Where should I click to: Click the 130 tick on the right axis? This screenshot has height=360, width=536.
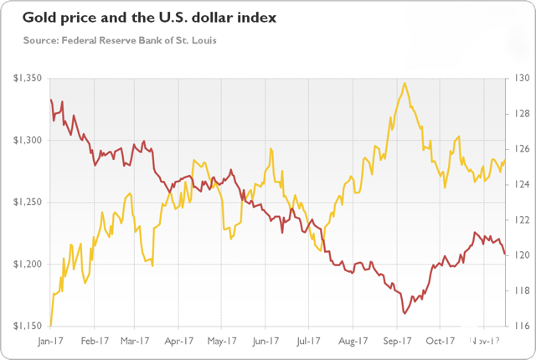[518, 78]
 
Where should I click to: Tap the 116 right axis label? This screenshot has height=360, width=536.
[518, 326]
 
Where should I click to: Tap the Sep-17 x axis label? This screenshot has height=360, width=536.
[397, 342]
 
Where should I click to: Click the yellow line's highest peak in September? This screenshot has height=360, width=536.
[405, 83]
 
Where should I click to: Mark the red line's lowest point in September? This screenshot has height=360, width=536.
[405, 314]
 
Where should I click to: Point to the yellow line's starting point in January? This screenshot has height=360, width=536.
[50, 326]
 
